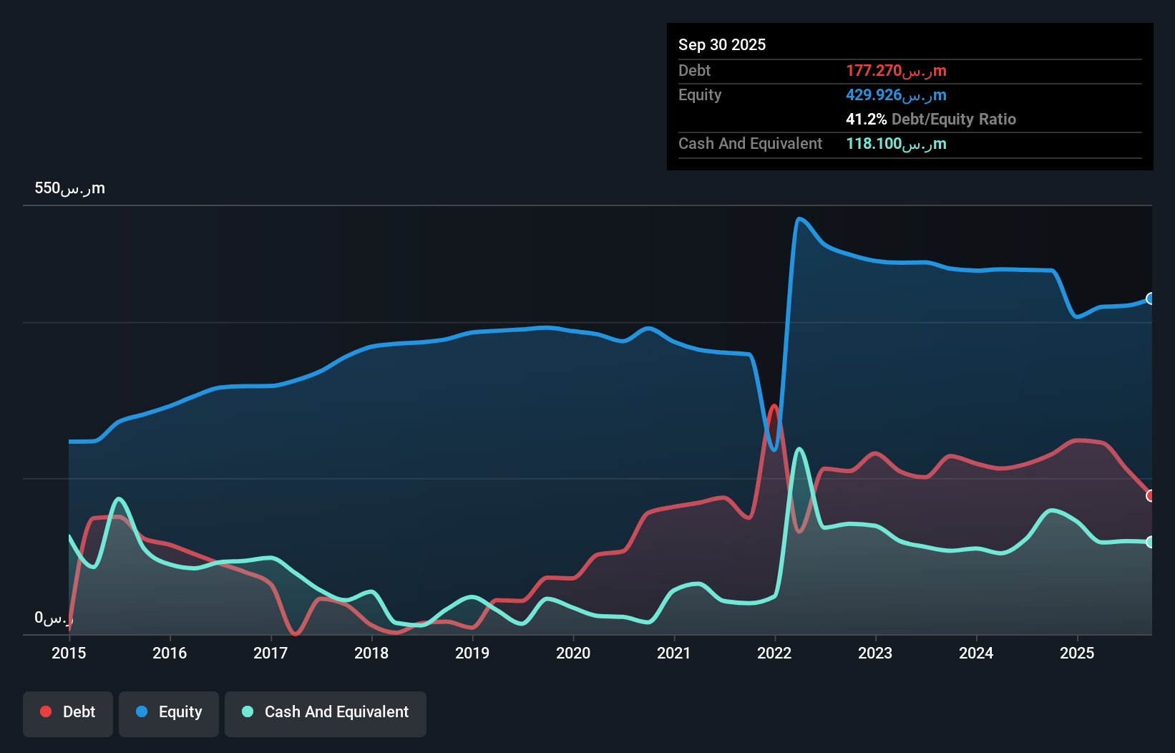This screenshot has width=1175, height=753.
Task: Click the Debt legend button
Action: click(x=68, y=712)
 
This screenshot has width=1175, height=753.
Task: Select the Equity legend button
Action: click(x=169, y=712)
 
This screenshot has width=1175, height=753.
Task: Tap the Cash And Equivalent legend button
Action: click(x=326, y=712)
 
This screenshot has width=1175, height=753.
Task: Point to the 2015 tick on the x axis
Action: click(x=69, y=653)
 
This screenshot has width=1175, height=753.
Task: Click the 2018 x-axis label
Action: click(x=371, y=653)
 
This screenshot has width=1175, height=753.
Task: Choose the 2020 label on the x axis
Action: click(x=573, y=653)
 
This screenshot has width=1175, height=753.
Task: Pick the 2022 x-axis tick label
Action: click(x=774, y=653)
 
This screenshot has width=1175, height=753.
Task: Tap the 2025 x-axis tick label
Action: click(x=1077, y=653)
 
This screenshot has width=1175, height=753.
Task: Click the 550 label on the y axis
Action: click(x=69, y=188)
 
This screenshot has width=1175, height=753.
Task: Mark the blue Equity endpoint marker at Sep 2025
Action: click(x=1151, y=298)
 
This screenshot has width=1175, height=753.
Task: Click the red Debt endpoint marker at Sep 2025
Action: click(x=1151, y=495)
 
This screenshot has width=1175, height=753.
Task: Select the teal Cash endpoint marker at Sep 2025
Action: click(x=1151, y=542)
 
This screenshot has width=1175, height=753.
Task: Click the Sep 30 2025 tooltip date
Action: click(x=721, y=44)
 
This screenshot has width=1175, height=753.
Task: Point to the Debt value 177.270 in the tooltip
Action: click(x=895, y=70)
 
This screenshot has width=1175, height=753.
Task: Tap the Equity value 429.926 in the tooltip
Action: click(x=895, y=94)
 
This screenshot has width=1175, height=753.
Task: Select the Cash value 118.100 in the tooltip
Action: click(x=895, y=143)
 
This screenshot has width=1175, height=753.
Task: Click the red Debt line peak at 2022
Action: click(x=774, y=407)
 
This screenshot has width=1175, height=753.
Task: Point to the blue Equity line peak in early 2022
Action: click(x=799, y=219)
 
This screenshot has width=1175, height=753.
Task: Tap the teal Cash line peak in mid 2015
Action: click(x=119, y=499)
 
